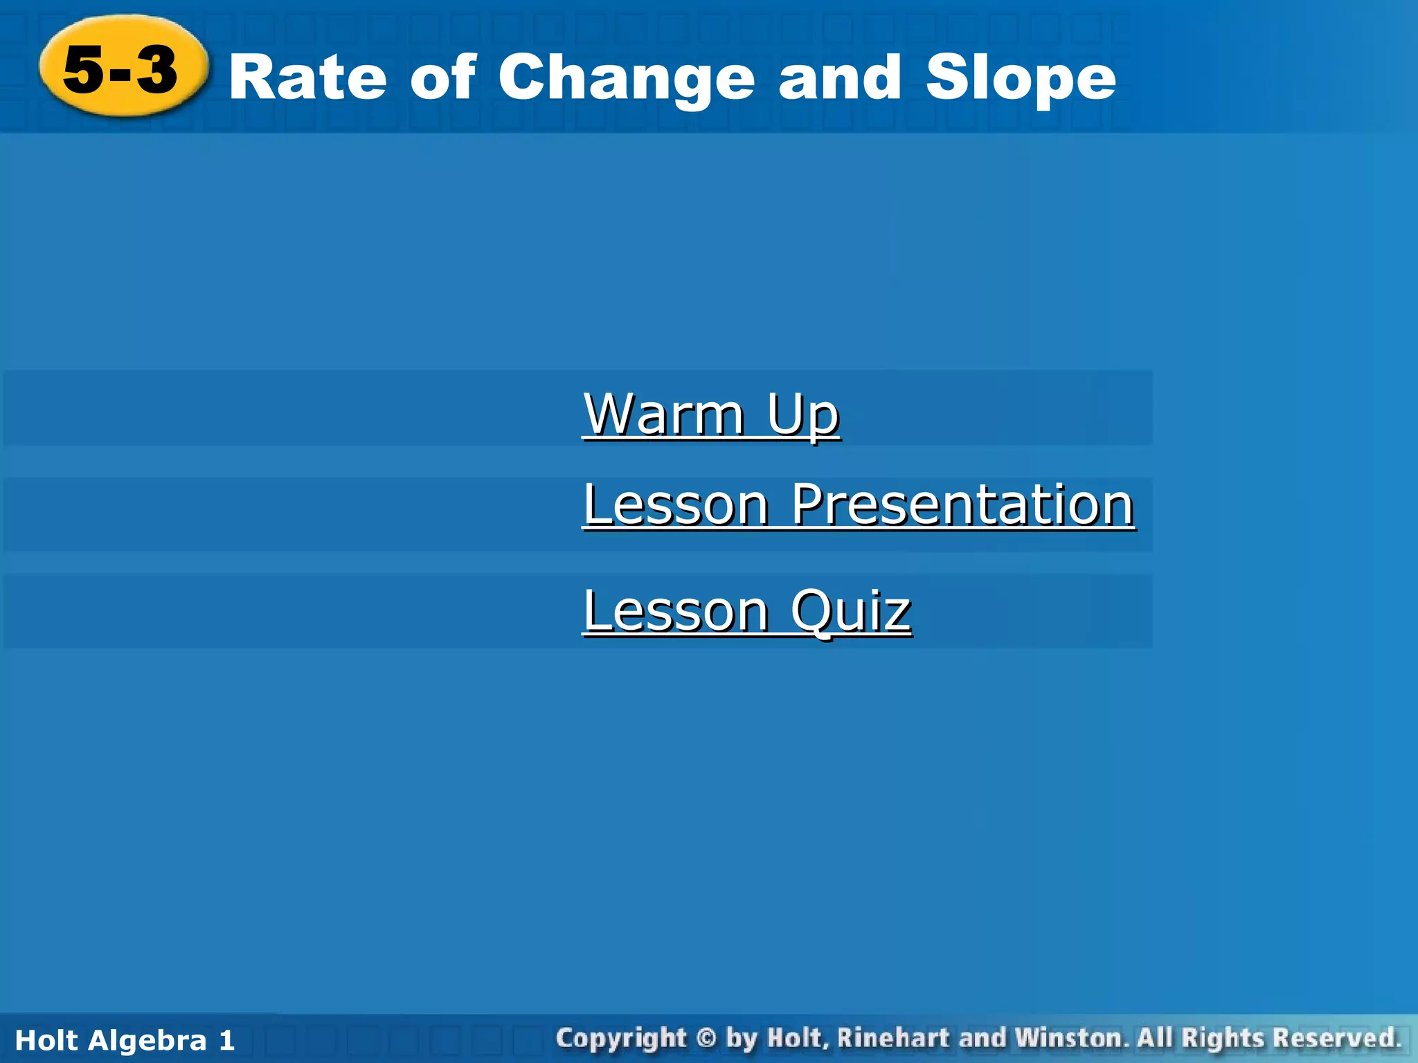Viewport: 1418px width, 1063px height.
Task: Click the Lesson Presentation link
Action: point(858,505)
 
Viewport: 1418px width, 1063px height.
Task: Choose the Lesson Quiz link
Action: point(746,610)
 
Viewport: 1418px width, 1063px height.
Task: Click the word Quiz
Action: point(850,612)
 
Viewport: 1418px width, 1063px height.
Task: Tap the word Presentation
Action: point(962,505)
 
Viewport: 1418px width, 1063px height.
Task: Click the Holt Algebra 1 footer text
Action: point(125,1040)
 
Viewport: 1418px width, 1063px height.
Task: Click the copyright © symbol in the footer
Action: point(706,1038)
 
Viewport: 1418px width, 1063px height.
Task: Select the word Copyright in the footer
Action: point(621,1039)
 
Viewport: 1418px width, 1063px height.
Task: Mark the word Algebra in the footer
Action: point(147,1040)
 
